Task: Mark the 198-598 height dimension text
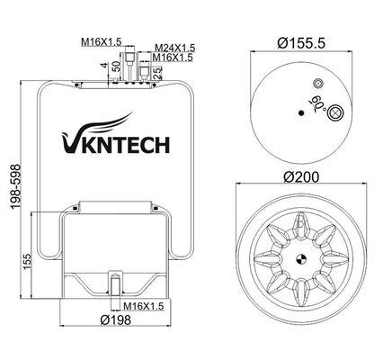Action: point(10,194)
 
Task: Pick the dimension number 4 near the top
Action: point(104,65)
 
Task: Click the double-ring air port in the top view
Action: point(335,112)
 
